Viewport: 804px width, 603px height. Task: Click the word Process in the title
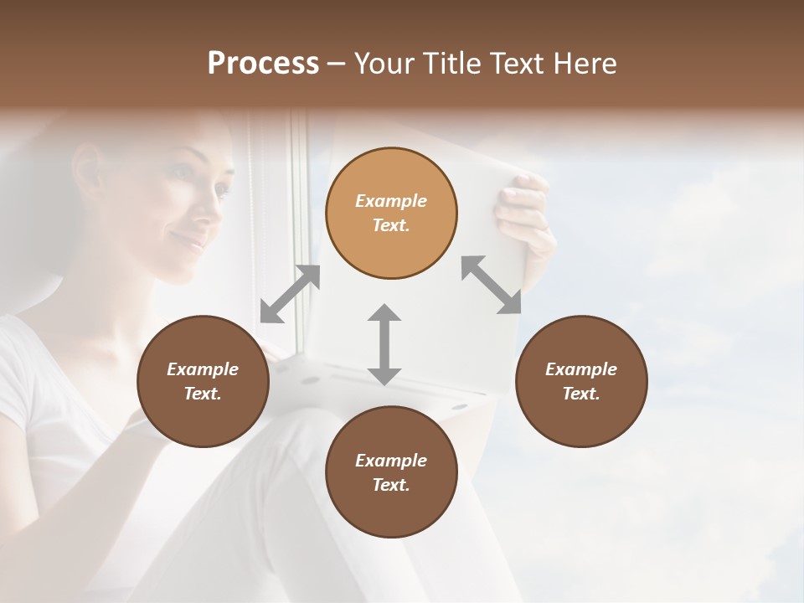263,64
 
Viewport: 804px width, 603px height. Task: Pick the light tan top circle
391,213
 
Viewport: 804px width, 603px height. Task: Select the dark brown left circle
203,381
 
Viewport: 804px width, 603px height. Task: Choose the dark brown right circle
581,381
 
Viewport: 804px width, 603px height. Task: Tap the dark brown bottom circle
391,472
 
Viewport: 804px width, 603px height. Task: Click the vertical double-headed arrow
384,344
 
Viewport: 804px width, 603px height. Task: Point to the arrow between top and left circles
290,294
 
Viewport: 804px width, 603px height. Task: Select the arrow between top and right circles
491,285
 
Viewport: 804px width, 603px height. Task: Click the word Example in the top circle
391,201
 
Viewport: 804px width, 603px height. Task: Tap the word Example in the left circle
203,369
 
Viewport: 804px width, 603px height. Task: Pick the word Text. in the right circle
581,394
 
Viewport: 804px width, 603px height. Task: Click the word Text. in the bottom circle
391,485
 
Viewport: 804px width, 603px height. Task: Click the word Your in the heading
382,64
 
